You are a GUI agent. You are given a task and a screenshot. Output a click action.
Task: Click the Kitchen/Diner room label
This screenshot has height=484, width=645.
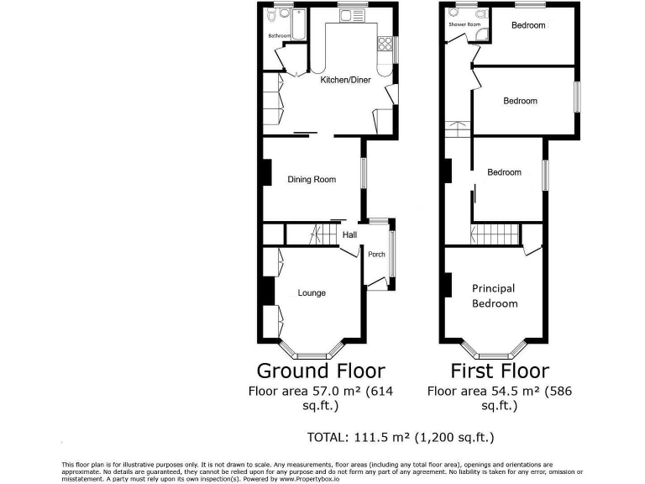click(x=347, y=81)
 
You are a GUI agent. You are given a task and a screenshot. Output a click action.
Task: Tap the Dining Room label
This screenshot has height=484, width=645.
click(x=312, y=180)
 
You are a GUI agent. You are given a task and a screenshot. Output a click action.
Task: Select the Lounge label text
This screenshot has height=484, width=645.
click(x=312, y=293)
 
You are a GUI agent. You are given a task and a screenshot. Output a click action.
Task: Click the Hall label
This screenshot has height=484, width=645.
click(x=349, y=235)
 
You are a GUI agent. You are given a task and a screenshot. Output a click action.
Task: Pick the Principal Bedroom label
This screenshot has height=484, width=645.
click(x=494, y=296)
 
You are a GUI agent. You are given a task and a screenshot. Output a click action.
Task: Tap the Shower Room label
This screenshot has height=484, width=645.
click(x=464, y=24)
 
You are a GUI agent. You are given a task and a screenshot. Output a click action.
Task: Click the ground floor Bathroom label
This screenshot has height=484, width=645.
click(x=279, y=36)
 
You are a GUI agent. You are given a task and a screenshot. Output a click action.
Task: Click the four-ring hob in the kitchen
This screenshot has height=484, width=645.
click(x=386, y=45)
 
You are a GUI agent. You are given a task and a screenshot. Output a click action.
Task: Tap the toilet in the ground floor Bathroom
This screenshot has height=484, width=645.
click(x=285, y=13)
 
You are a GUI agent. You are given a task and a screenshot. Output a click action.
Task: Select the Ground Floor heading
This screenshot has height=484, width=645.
click(x=320, y=371)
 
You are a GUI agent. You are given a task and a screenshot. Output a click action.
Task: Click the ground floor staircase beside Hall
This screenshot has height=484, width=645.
click(x=317, y=234)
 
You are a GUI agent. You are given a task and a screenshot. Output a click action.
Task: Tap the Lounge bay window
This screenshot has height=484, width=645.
click(x=312, y=353)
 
